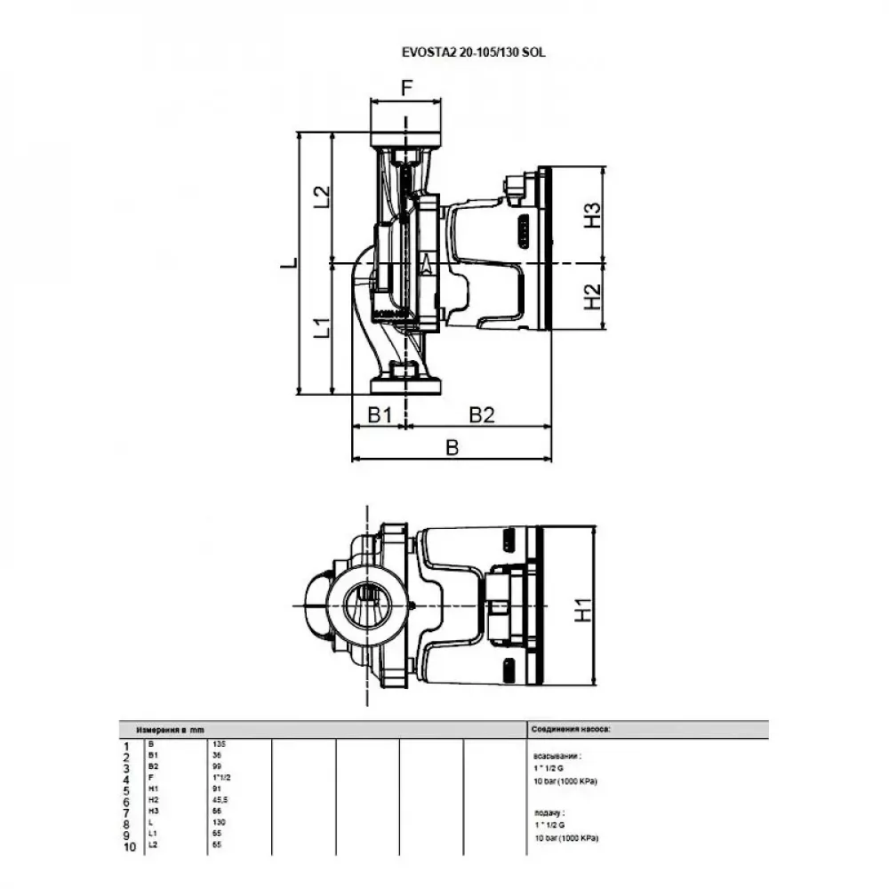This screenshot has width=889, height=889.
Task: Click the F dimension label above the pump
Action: point(406,87)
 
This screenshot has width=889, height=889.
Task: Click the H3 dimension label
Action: point(591,215)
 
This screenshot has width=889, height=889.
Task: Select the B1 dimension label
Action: point(380,414)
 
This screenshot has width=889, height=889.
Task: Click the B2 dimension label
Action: point(481,414)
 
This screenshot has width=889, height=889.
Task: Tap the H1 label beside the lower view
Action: point(582,611)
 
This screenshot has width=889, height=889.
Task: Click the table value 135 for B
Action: point(219,743)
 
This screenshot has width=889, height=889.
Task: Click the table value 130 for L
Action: point(219,822)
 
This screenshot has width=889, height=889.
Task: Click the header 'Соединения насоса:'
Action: point(571,728)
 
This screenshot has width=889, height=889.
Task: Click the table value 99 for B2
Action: point(217,765)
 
